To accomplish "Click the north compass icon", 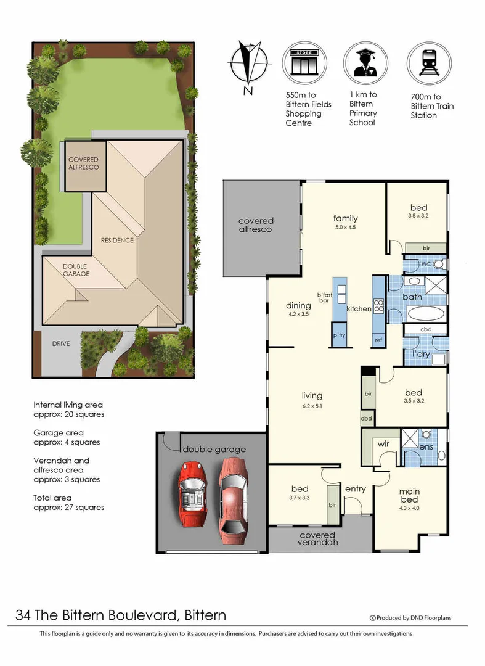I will pos(250,65).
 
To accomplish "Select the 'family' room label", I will pos(345,218).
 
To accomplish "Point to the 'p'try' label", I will pos(338,335).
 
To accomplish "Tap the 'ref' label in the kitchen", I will pos(378,340).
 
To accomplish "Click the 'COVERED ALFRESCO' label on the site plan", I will pos(83,163).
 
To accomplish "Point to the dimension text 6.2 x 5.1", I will pos(312,406).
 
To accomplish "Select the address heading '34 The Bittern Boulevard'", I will pos(121,615).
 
